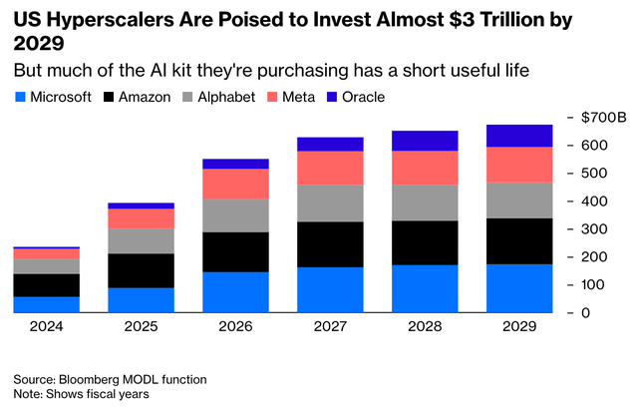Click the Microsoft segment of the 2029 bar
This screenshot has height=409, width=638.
(x=519, y=288)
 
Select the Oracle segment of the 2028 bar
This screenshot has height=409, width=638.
(x=425, y=141)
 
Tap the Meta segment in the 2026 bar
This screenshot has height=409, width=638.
(x=235, y=184)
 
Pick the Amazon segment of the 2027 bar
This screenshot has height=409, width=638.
(x=330, y=244)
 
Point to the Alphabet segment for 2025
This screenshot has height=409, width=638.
(x=141, y=241)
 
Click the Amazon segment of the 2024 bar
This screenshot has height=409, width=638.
(x=47, y=285)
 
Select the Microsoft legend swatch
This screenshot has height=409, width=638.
(x=20, y=97)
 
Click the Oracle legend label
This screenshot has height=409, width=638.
(x=363, y=97)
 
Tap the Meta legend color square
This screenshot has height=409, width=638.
(x=272, y=97)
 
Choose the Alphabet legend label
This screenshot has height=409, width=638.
(x=226, y=97)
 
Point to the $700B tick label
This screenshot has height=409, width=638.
(x=604, y=117)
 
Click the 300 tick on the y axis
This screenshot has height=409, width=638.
(x=594, y=229)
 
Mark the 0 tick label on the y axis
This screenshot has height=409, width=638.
(x=585, y=313)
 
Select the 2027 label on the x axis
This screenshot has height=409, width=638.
(x=330, y=326)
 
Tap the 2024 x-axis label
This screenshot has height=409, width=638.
(x=47, y=326)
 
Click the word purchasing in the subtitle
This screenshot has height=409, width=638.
(x=303, y=71)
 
